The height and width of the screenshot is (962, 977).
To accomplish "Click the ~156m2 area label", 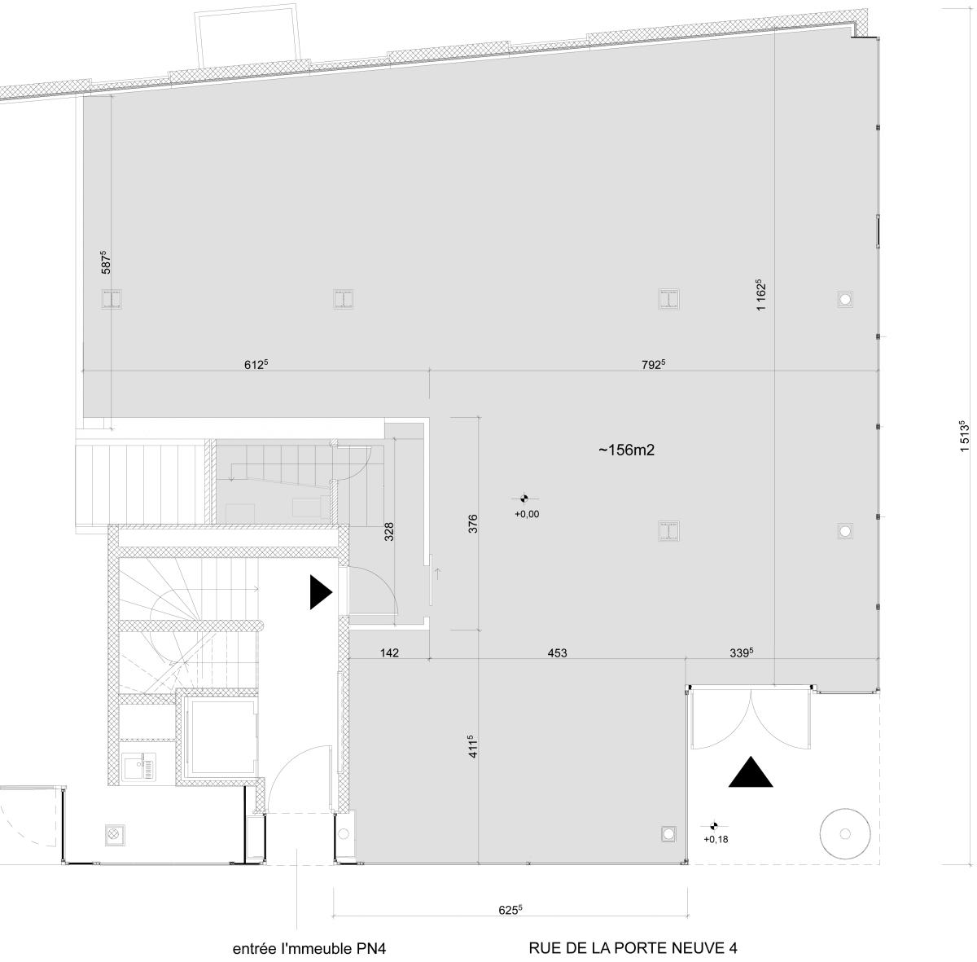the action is (x=626, y=450).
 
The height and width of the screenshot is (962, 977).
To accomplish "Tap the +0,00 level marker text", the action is (x=527, y=514).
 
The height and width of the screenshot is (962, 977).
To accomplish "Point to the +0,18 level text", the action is (x=716, y=839).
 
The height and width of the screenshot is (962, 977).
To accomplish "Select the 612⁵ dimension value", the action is (x=256, y=364).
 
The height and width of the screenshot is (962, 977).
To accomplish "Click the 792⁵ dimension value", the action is (x=653, y=364).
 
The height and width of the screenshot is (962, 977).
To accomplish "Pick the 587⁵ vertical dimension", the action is (x=106, y=262).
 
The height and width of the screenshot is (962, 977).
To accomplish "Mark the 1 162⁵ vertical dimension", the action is (x=760, y=295).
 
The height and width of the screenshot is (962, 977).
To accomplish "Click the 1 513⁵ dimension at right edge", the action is (x=964, y=436).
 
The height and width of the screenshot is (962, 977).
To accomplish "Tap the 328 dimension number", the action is (x=389, y=532).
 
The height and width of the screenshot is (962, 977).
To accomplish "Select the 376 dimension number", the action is (x=472, y=524).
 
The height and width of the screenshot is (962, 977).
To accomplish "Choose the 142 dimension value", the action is (x=389, y=653).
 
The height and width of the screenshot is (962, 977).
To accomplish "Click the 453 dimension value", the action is (x=557, y=653).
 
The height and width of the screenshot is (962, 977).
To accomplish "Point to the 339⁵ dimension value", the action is (x=741, y=653).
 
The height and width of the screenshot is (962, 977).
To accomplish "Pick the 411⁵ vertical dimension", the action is (x=472, y=746).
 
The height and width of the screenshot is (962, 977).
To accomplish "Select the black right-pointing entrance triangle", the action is (x=321, y=591).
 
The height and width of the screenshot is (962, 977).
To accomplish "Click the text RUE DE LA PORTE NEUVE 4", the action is (x=633, y=948).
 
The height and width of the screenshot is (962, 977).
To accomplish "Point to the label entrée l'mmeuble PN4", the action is (x=309, y=948).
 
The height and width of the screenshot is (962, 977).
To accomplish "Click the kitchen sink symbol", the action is (x=139, y=767).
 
